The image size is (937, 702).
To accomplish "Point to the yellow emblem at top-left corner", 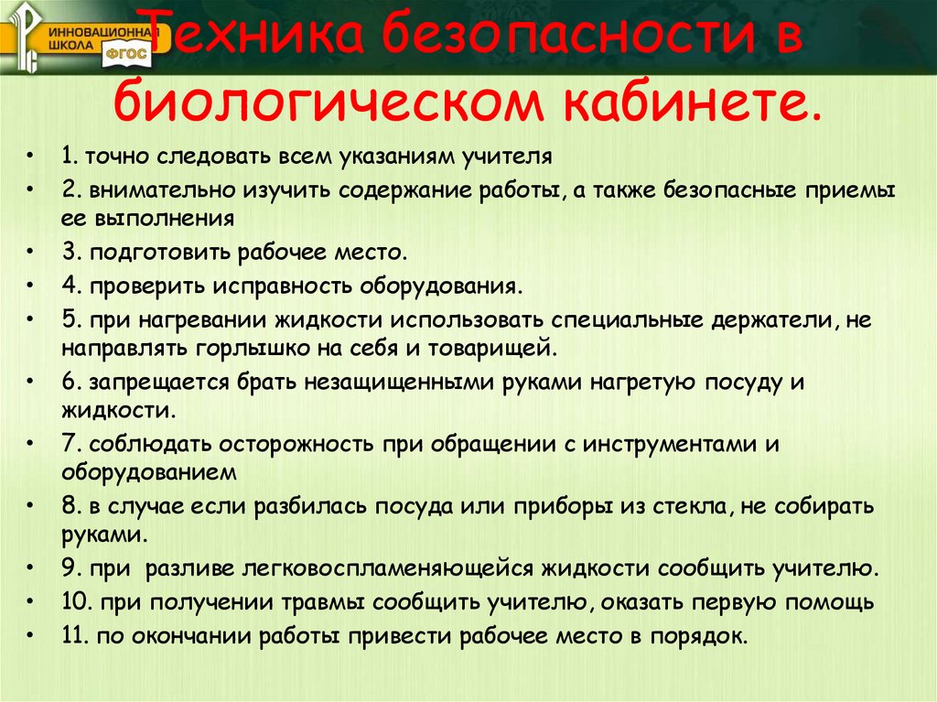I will [x=27, y=37].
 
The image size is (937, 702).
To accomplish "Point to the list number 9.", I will [x=70, y=567].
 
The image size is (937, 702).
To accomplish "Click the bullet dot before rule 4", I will [x=33, y=285].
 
